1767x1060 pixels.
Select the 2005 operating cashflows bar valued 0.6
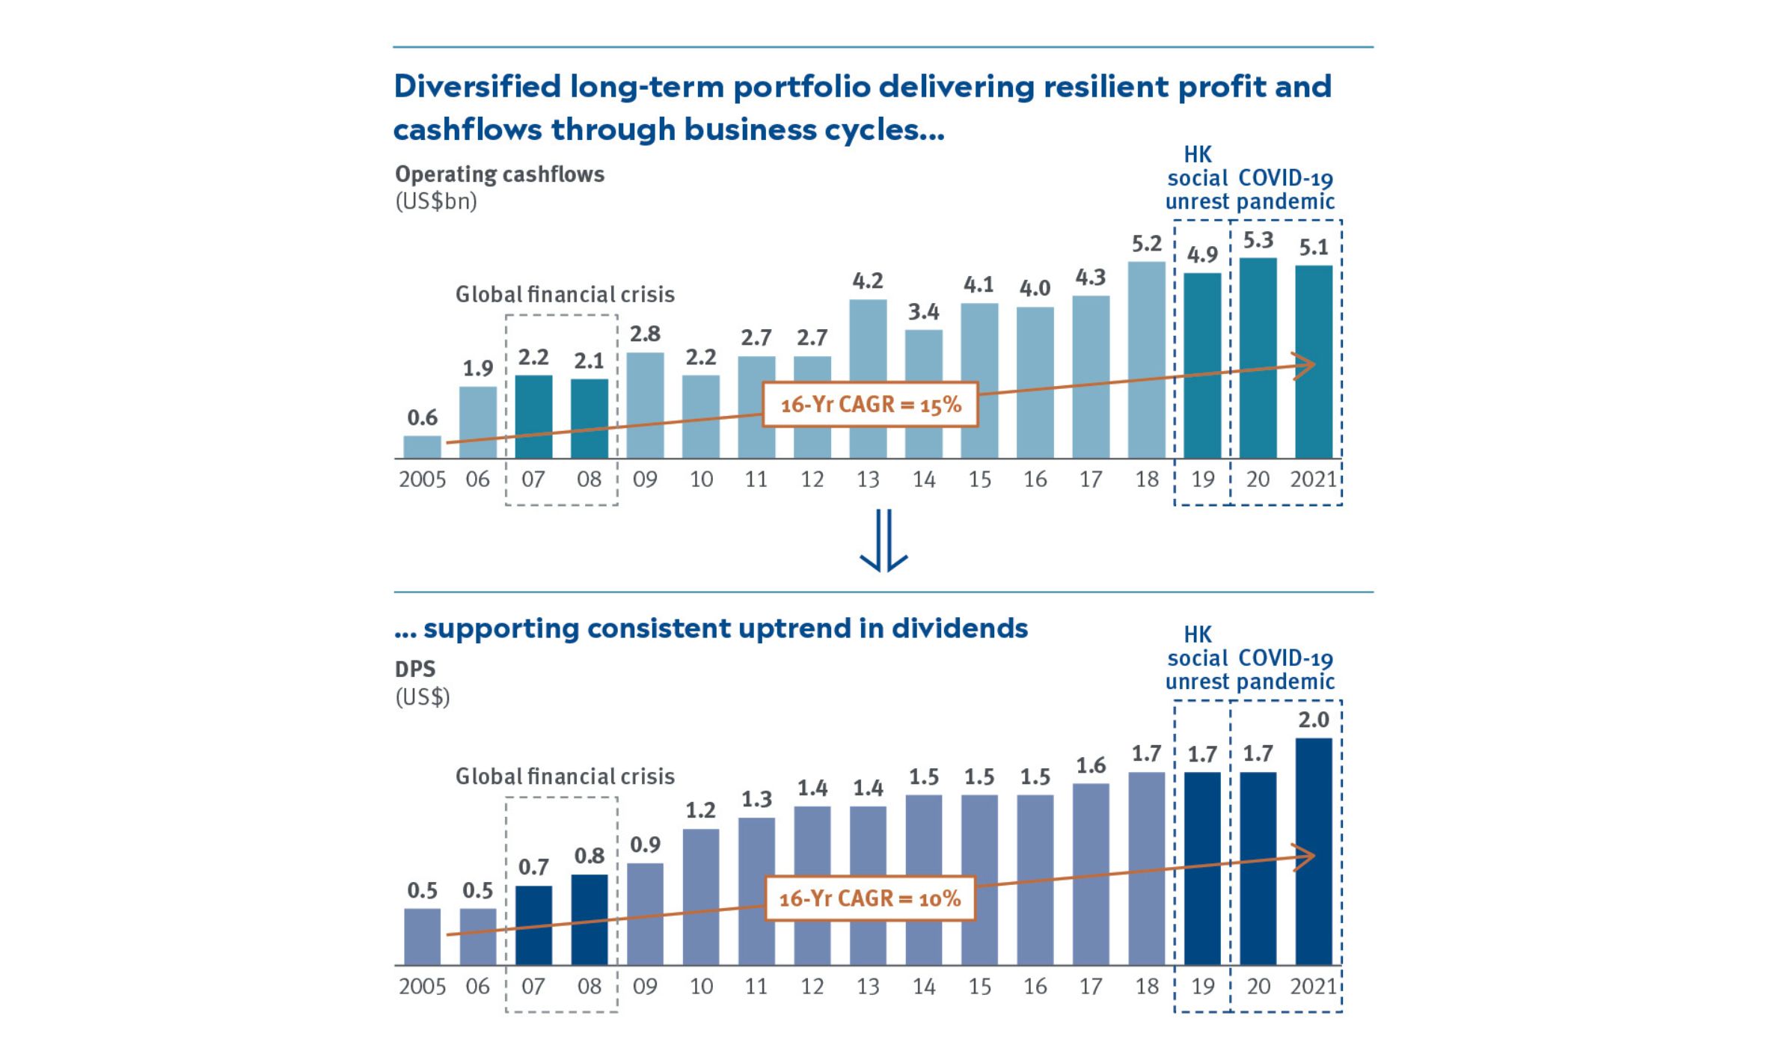423,447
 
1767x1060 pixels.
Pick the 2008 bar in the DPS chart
589,919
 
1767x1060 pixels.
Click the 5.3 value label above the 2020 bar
1258,241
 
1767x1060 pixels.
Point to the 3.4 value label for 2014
923,312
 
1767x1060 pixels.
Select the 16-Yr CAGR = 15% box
870,405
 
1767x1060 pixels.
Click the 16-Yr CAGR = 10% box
870,898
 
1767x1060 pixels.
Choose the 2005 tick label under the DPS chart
422,987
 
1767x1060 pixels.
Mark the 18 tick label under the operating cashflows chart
1147,480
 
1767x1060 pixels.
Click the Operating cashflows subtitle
500,174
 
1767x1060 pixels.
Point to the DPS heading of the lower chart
415,669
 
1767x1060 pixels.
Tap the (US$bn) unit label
435,202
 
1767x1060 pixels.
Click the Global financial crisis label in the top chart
565,295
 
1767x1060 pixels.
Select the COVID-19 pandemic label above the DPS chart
1286,670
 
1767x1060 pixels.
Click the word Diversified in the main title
477,87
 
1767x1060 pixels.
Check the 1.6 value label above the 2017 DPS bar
1091,765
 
